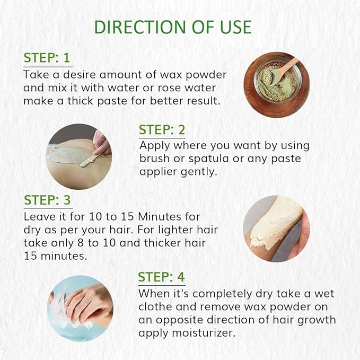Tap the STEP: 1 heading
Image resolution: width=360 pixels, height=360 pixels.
[x=47, y=58]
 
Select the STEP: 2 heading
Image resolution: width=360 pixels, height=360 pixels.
[x=162, y=130]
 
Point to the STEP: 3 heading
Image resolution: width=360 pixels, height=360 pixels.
[x=47, y=200]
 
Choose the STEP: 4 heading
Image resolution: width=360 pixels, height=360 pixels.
[x=162, y=277]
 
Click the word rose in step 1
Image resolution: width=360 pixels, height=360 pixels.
[x=173, y=87]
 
